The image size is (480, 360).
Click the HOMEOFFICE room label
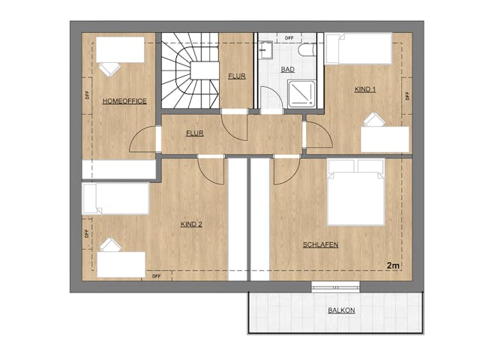124,101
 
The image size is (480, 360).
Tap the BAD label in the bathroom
288,70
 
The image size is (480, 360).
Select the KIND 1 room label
365,89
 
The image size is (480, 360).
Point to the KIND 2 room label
191,224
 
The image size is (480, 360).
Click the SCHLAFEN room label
320,244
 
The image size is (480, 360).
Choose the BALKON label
341,310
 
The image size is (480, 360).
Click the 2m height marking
393,265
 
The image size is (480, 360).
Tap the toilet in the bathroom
307,50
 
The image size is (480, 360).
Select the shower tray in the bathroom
301,94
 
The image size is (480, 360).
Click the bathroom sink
265,49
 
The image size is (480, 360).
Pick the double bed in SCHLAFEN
356,192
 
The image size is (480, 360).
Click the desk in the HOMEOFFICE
120,50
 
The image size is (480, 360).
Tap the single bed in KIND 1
358,49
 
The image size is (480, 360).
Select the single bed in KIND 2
115,199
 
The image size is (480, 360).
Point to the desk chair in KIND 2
110,245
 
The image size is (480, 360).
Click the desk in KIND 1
385,139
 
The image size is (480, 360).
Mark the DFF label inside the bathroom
289,38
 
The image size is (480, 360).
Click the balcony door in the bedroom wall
335,287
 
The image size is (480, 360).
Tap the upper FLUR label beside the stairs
237,76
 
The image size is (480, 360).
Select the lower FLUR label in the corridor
195,133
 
